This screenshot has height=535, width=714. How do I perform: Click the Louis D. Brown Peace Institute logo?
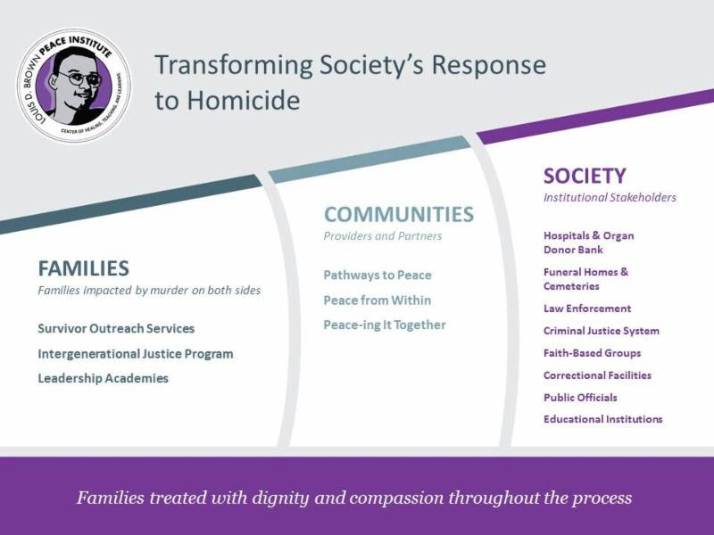point(74,85)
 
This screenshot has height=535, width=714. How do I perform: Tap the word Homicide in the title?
point(244,100)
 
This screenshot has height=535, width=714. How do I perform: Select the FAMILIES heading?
point(84,268)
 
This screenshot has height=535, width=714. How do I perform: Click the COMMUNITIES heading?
point(399,214)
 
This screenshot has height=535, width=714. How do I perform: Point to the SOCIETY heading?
point(585,176)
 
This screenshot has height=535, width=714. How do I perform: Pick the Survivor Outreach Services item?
point(116,328)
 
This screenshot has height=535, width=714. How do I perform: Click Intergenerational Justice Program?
point(136,354)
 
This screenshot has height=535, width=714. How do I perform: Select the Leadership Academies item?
point(104,378)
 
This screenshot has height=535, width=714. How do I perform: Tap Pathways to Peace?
point(378,276)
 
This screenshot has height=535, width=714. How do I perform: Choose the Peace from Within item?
point(377,300)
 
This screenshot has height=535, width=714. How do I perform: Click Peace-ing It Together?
point(385,325)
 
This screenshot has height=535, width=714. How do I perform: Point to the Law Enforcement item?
point(587,309)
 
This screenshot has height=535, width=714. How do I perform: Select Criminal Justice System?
point(602,331)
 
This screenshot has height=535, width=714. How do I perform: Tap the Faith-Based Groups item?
point(592,353)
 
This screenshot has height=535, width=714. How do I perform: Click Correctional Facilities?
point(597,375)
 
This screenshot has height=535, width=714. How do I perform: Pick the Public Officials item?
point(581,398)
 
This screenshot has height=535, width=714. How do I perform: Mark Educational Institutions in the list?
point(603,419)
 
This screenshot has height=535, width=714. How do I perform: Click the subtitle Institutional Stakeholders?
point(610,197)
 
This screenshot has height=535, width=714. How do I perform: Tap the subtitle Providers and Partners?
point(383,236)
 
